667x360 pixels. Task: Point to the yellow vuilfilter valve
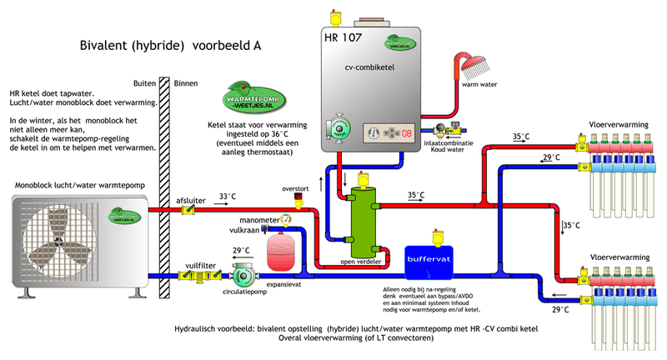pos(201,275)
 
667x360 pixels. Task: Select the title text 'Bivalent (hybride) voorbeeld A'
pos(170,45)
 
